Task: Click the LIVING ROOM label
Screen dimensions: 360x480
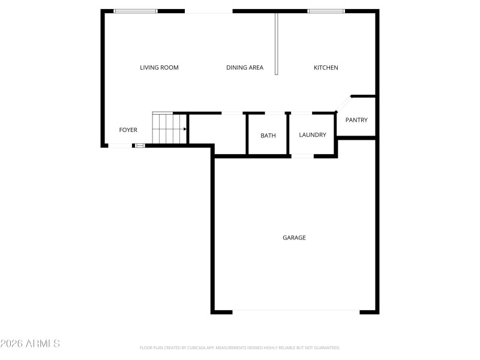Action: (x=159, y=68)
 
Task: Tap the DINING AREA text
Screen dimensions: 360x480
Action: (x=245, y=68)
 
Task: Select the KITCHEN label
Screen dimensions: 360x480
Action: (x=326, y=68)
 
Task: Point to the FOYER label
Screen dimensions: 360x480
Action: (x=128, y=130)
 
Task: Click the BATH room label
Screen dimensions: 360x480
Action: (x=268, y=136)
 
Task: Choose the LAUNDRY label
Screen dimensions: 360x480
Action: (x=313, y=135)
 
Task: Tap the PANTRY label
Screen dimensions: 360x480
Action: (x=356, y=120)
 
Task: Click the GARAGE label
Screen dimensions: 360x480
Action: (x=294, y=238)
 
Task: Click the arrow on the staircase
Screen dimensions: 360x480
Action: (x=184, y=128)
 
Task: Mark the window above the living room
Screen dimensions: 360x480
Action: (x=136, y=11)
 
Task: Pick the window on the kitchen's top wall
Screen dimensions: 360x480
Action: (x=326, y=11)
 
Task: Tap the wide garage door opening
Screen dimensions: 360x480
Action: (x=296, y=311)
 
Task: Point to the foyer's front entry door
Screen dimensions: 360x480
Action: (x=120, y=145)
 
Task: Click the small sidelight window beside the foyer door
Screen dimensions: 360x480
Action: (x=140, y=145)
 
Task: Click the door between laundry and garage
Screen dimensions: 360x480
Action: (x=302, y=156)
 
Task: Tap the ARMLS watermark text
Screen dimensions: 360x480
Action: (x=30, y=344)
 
